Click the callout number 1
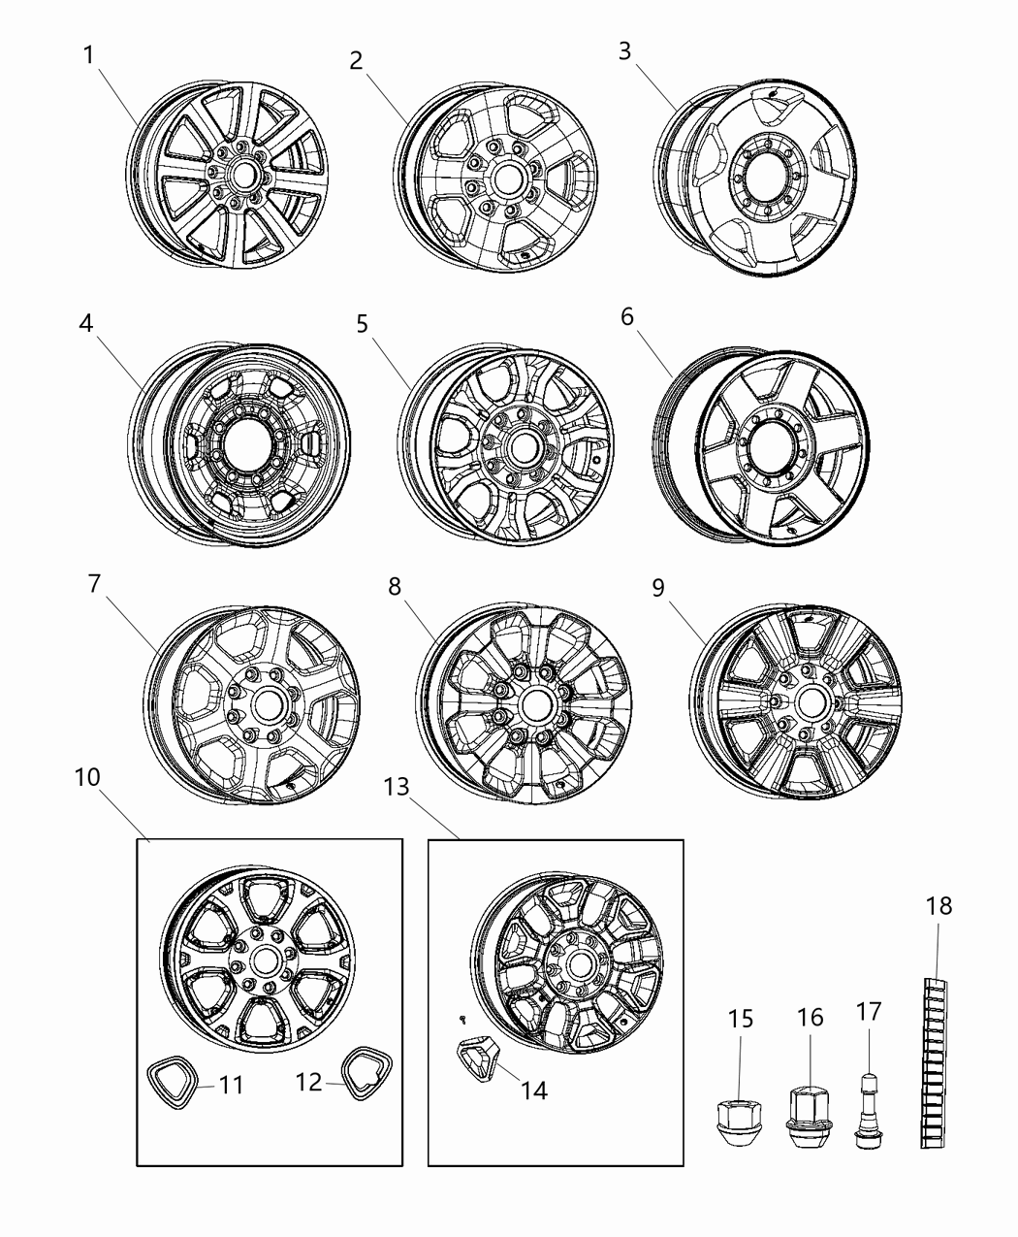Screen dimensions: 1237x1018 click(88, 54)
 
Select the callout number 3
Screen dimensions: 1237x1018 click(625, 49)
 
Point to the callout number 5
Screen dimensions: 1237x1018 click(362, 323)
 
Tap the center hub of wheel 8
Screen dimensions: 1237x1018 click(533, 702)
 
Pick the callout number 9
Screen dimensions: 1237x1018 click(658, 588)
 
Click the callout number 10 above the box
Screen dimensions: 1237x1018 click(87, 778)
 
